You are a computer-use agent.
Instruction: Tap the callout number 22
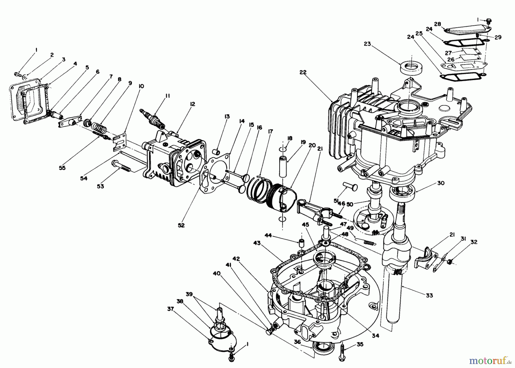pyautogui.click(x=303, y=73)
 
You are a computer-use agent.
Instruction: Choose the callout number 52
pyautogui.click(x=181, y=225)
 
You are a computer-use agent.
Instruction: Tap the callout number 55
pyautogui.click(x=62, y=168)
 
